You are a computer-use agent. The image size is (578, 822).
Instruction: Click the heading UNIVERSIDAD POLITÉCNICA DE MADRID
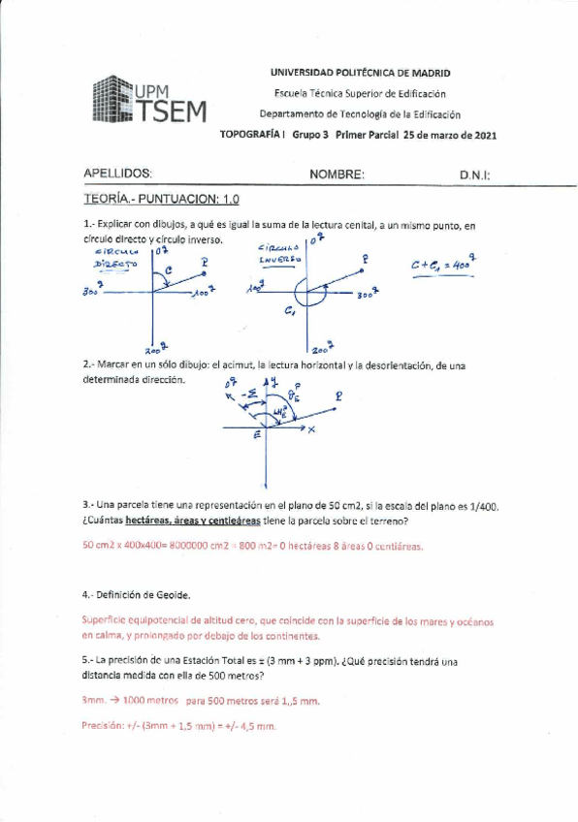(359, 73)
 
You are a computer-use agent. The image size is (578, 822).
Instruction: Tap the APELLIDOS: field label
(118, 174)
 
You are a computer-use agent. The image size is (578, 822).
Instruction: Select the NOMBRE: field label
(337, 174)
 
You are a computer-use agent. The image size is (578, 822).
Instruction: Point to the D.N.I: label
(475, 175)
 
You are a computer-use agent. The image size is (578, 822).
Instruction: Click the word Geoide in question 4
(170, 593)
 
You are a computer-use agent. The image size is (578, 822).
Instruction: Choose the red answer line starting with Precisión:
(178, 724)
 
